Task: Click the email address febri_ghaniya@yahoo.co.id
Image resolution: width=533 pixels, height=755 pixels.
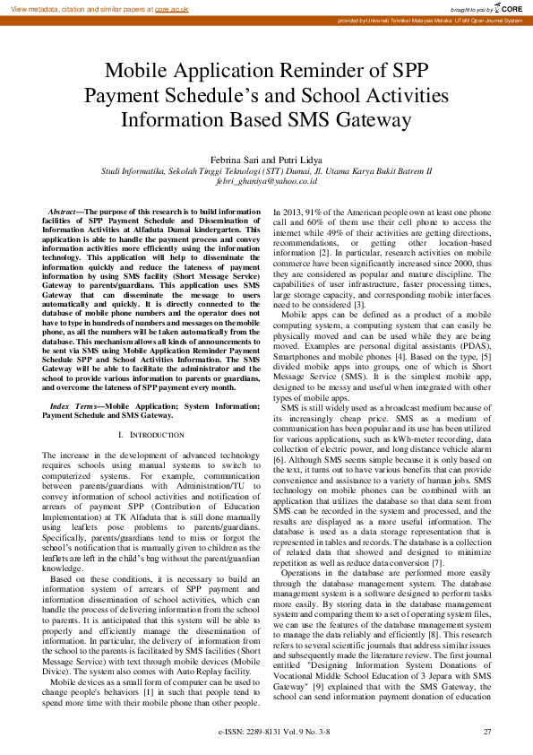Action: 266,180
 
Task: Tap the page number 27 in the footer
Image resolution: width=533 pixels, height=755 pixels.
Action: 487,733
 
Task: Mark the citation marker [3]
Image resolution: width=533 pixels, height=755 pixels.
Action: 358,305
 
